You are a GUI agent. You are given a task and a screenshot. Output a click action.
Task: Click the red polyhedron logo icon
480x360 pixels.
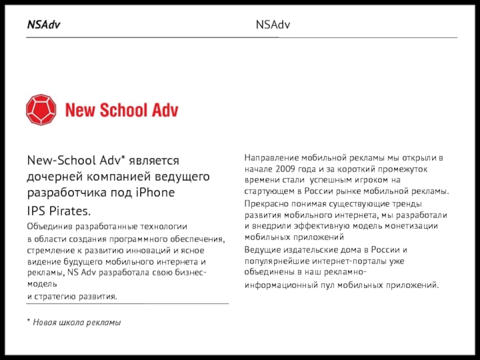pos(41,109)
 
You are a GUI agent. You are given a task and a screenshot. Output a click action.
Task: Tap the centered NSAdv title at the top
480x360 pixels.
pos(273,25)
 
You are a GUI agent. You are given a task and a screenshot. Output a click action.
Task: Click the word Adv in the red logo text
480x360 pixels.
pos(164,110)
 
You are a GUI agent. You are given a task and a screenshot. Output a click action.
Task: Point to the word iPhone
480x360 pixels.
pos(155,193)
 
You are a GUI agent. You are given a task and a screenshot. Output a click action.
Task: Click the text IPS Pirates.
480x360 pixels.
pos(59,211)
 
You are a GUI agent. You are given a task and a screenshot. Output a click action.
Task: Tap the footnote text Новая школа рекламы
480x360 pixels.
pos(77,322)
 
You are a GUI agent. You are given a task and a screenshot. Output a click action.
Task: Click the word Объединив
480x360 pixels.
pos(50,227)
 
